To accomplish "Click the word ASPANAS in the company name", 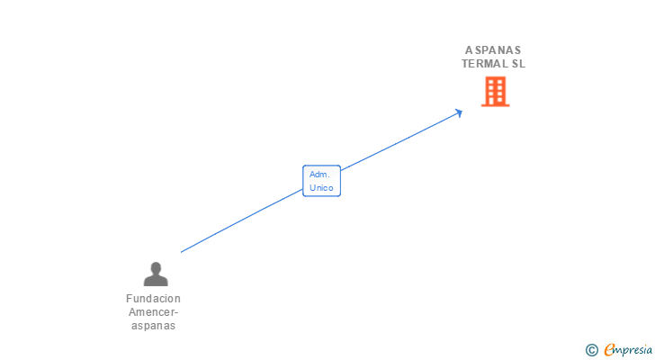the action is tap(493, 50).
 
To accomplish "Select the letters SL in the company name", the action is tap(517, 64).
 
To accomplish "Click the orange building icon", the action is tap(495, 91).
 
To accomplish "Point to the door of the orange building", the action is tap(495, 101).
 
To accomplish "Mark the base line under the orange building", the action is tap(495, 105).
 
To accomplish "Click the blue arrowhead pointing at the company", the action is tap(459, 112).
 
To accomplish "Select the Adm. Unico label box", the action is tap(321, 181).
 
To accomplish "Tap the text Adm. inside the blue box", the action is tap(319, 174).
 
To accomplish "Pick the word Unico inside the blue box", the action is tap(321, 188).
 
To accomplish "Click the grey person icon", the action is tap(156, 274).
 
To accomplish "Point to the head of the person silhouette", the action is tap(156, 267).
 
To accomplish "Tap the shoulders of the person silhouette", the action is tap(156, 280).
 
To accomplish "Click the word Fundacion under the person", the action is tap(153, 299).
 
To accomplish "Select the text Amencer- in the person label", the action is tap(153, 312).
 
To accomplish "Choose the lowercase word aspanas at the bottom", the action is tap(153, 326).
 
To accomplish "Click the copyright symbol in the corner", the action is tap(591, 349).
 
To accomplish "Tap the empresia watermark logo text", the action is tap(628, 349).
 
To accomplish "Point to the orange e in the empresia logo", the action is tap(609, 349).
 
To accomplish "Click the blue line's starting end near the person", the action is tap(182, 252).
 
